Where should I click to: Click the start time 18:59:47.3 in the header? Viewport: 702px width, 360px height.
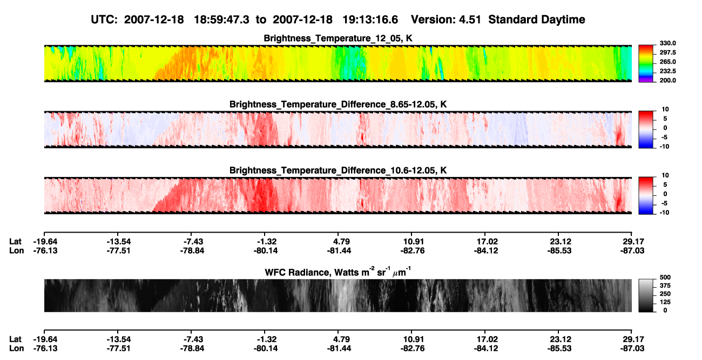point(221,20)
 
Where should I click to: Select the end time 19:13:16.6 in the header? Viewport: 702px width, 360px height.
point(370,20)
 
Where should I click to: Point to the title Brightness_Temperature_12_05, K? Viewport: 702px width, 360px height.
point(338,38)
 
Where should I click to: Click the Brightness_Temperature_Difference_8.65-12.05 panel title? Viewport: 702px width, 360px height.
point(338,104)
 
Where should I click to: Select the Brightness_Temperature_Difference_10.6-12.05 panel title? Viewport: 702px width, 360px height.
point(338,171)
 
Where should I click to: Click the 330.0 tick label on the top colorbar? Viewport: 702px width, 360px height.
point(667,43)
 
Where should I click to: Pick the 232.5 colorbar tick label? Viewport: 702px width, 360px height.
point(667,71)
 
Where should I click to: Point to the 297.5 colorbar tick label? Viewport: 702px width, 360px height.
point(667,52)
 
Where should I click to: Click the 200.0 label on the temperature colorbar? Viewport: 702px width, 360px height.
point(667,80)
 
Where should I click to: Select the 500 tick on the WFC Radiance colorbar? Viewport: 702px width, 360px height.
point(665,277)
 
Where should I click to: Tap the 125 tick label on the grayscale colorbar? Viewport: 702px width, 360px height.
point(665,302)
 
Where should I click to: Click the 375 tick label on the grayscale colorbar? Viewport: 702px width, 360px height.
point(665,286)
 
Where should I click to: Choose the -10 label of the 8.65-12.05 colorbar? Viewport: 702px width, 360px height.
point(664,146)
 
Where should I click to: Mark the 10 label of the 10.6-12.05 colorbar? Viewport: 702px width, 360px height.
point(665,175)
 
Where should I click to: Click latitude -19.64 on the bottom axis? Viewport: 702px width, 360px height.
point(45,339)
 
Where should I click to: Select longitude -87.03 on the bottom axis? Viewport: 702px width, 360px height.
point(632,349)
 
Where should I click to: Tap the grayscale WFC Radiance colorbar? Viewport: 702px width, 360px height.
point(646,295)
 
